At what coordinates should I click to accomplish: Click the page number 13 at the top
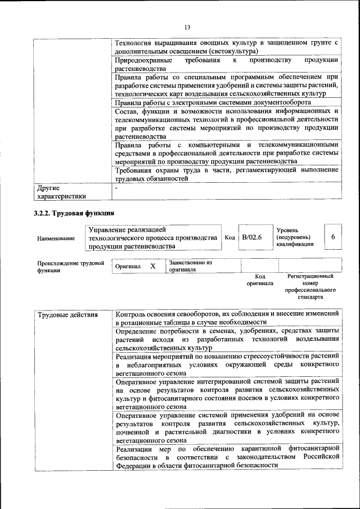[187, 27]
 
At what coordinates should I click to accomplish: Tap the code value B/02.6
[252, 237]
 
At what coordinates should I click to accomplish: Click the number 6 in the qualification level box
[333, 237]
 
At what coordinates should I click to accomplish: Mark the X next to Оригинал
[152, 265]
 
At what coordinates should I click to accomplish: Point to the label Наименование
[56, 238]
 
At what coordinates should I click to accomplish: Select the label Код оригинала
[259, 280]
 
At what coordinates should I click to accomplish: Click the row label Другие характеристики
[61, 192]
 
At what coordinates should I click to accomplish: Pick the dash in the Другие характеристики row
[116, 188]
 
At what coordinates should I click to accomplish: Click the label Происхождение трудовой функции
[70, 266]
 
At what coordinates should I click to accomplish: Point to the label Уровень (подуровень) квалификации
[295, 237]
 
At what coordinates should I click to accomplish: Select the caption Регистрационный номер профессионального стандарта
[310, 286]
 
